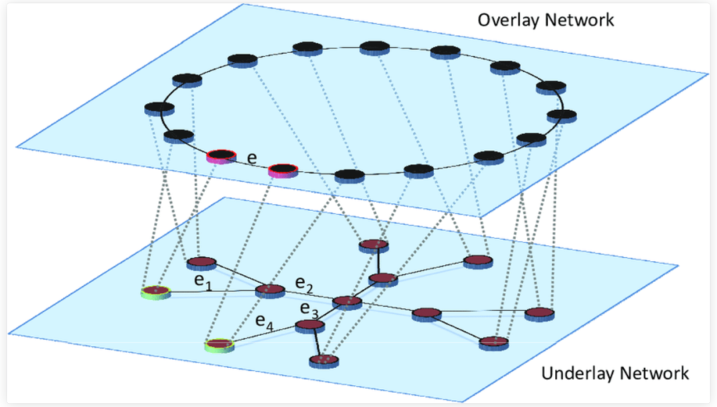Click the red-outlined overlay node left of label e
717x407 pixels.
coord(221,157)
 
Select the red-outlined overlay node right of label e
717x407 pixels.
coord(282,170)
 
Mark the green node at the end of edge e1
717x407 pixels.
coord(155,291)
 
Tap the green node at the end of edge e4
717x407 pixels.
coord(219,345)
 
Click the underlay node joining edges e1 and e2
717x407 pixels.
coord(270,290)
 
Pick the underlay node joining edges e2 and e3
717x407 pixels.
coord(346,302)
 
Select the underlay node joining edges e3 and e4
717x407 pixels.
coord(309,325)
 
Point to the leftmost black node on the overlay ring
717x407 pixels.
coord(159,108)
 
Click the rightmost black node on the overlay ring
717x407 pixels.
coord(562,114)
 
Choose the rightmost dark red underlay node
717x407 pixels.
coord(539,313)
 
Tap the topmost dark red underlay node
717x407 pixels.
coord(373,246)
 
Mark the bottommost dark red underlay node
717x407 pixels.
coord(324,361)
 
